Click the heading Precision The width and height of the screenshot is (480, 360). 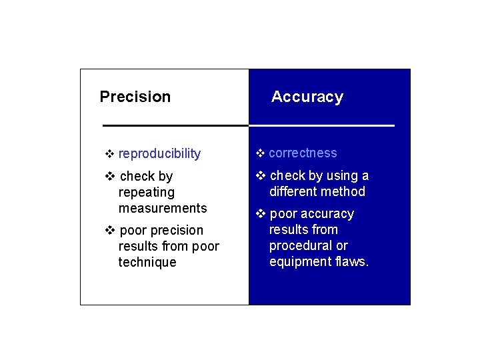click(x=135, y=97)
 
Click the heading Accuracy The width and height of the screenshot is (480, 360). click(x=307, y=97)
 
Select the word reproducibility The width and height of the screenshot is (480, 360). click(x=159, y=154)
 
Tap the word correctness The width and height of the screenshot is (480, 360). click(x=303, y=153)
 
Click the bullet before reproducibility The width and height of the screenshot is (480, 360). click(x=110, y=155)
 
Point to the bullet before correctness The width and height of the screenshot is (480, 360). click(x=261, y=154)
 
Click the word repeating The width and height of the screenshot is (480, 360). click(x=146, y=193)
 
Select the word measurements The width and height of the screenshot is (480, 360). click(x=163, y=209)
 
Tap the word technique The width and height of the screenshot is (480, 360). click(x=147, y=262)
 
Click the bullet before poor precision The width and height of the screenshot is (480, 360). click(x=110, y=231)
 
